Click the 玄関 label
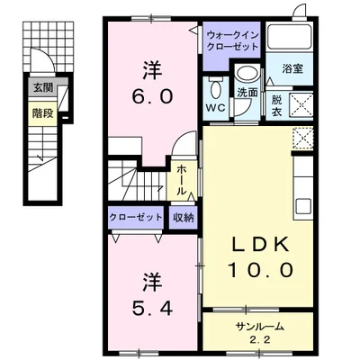point(42,87)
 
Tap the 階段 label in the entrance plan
point(42,113)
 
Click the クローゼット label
point(136,217)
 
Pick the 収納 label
point(182,217)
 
